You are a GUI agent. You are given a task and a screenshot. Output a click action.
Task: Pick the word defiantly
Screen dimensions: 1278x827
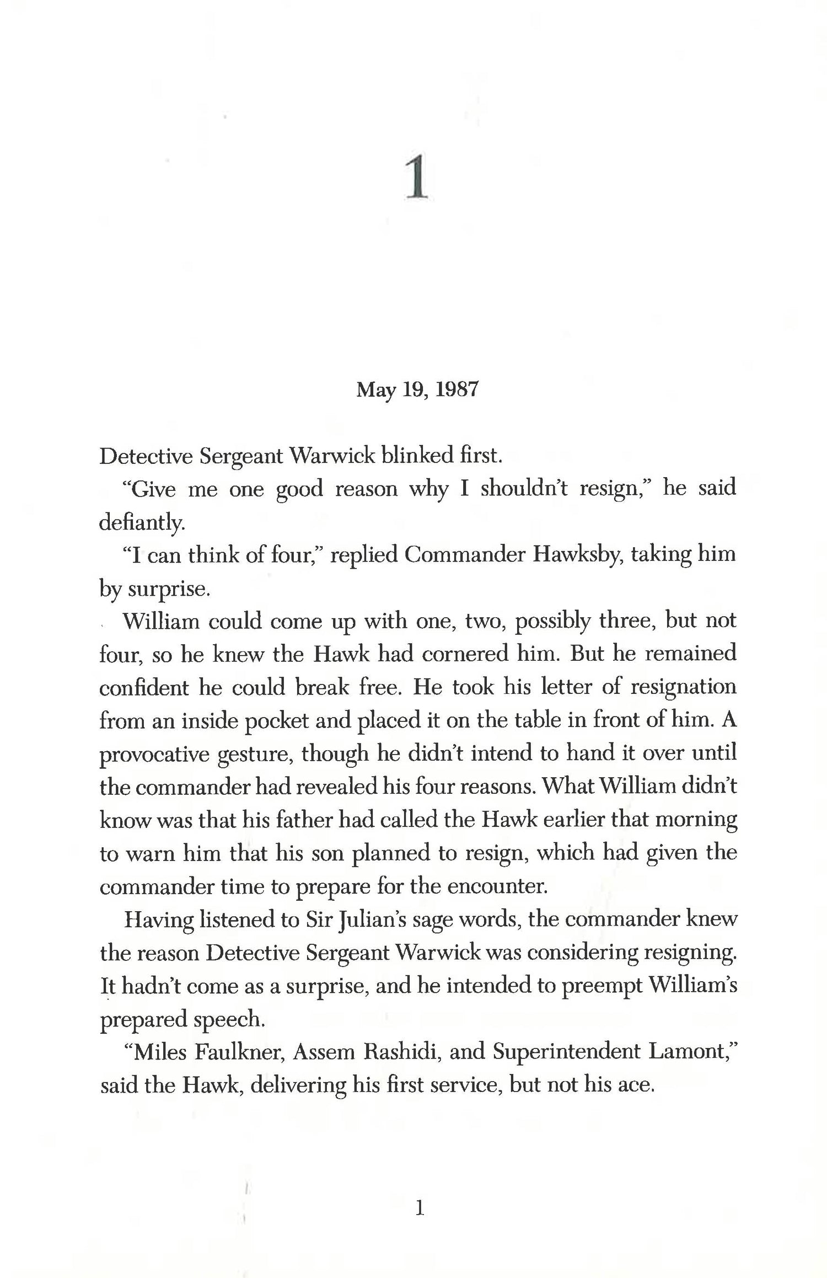coord(142,523)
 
